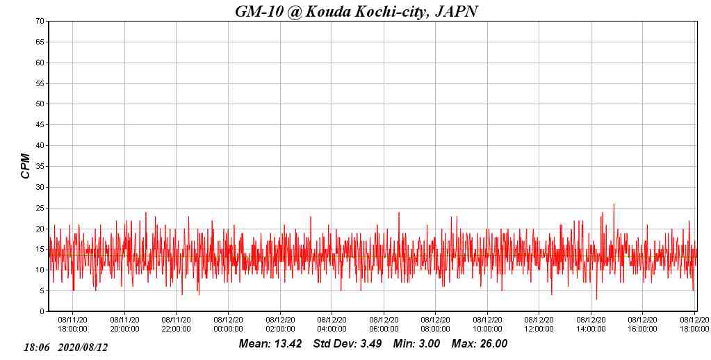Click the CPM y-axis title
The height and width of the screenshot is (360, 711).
pyautogui.click(x=26, y=166)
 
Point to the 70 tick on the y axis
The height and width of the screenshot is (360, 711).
pyautogui.click(x=41, y=22)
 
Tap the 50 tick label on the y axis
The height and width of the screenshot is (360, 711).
pyautogui.click(x=41, y=104)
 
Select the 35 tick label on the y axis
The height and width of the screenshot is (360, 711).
pyautogui.click(x=41, y=167)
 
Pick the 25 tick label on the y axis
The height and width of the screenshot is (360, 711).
pyautogui.click(x=41, y=208)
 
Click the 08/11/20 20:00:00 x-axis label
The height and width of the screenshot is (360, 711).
pyautogui.click(x=124, y=325)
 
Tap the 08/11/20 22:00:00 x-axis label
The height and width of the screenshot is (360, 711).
pyautogui.click(x=176, y=325)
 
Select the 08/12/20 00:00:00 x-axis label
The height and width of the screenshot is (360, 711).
pyautogui.click(x=228, y=325)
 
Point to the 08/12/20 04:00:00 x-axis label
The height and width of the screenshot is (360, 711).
pyautogui.click(x=332, y=325)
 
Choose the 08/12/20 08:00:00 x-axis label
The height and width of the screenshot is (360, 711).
pyautogui.click(x=435, y=325)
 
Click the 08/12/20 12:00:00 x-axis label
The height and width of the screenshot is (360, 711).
pyautogui.click(x=539, y=325)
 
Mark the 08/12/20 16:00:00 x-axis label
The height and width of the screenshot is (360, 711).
pyautogui.click(x=642, y=325)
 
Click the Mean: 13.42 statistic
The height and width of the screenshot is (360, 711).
pyautogui.click(x=270, y=344)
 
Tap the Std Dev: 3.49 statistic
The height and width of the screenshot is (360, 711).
pyautogui.click(x=348, y=344)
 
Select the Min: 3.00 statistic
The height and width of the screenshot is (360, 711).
pyautogui.click(x=416, y=344)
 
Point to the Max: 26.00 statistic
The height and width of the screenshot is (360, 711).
pyautogui.click(x=480, y=344)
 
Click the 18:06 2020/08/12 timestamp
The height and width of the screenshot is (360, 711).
pyautogui.click(x=66, y=347)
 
